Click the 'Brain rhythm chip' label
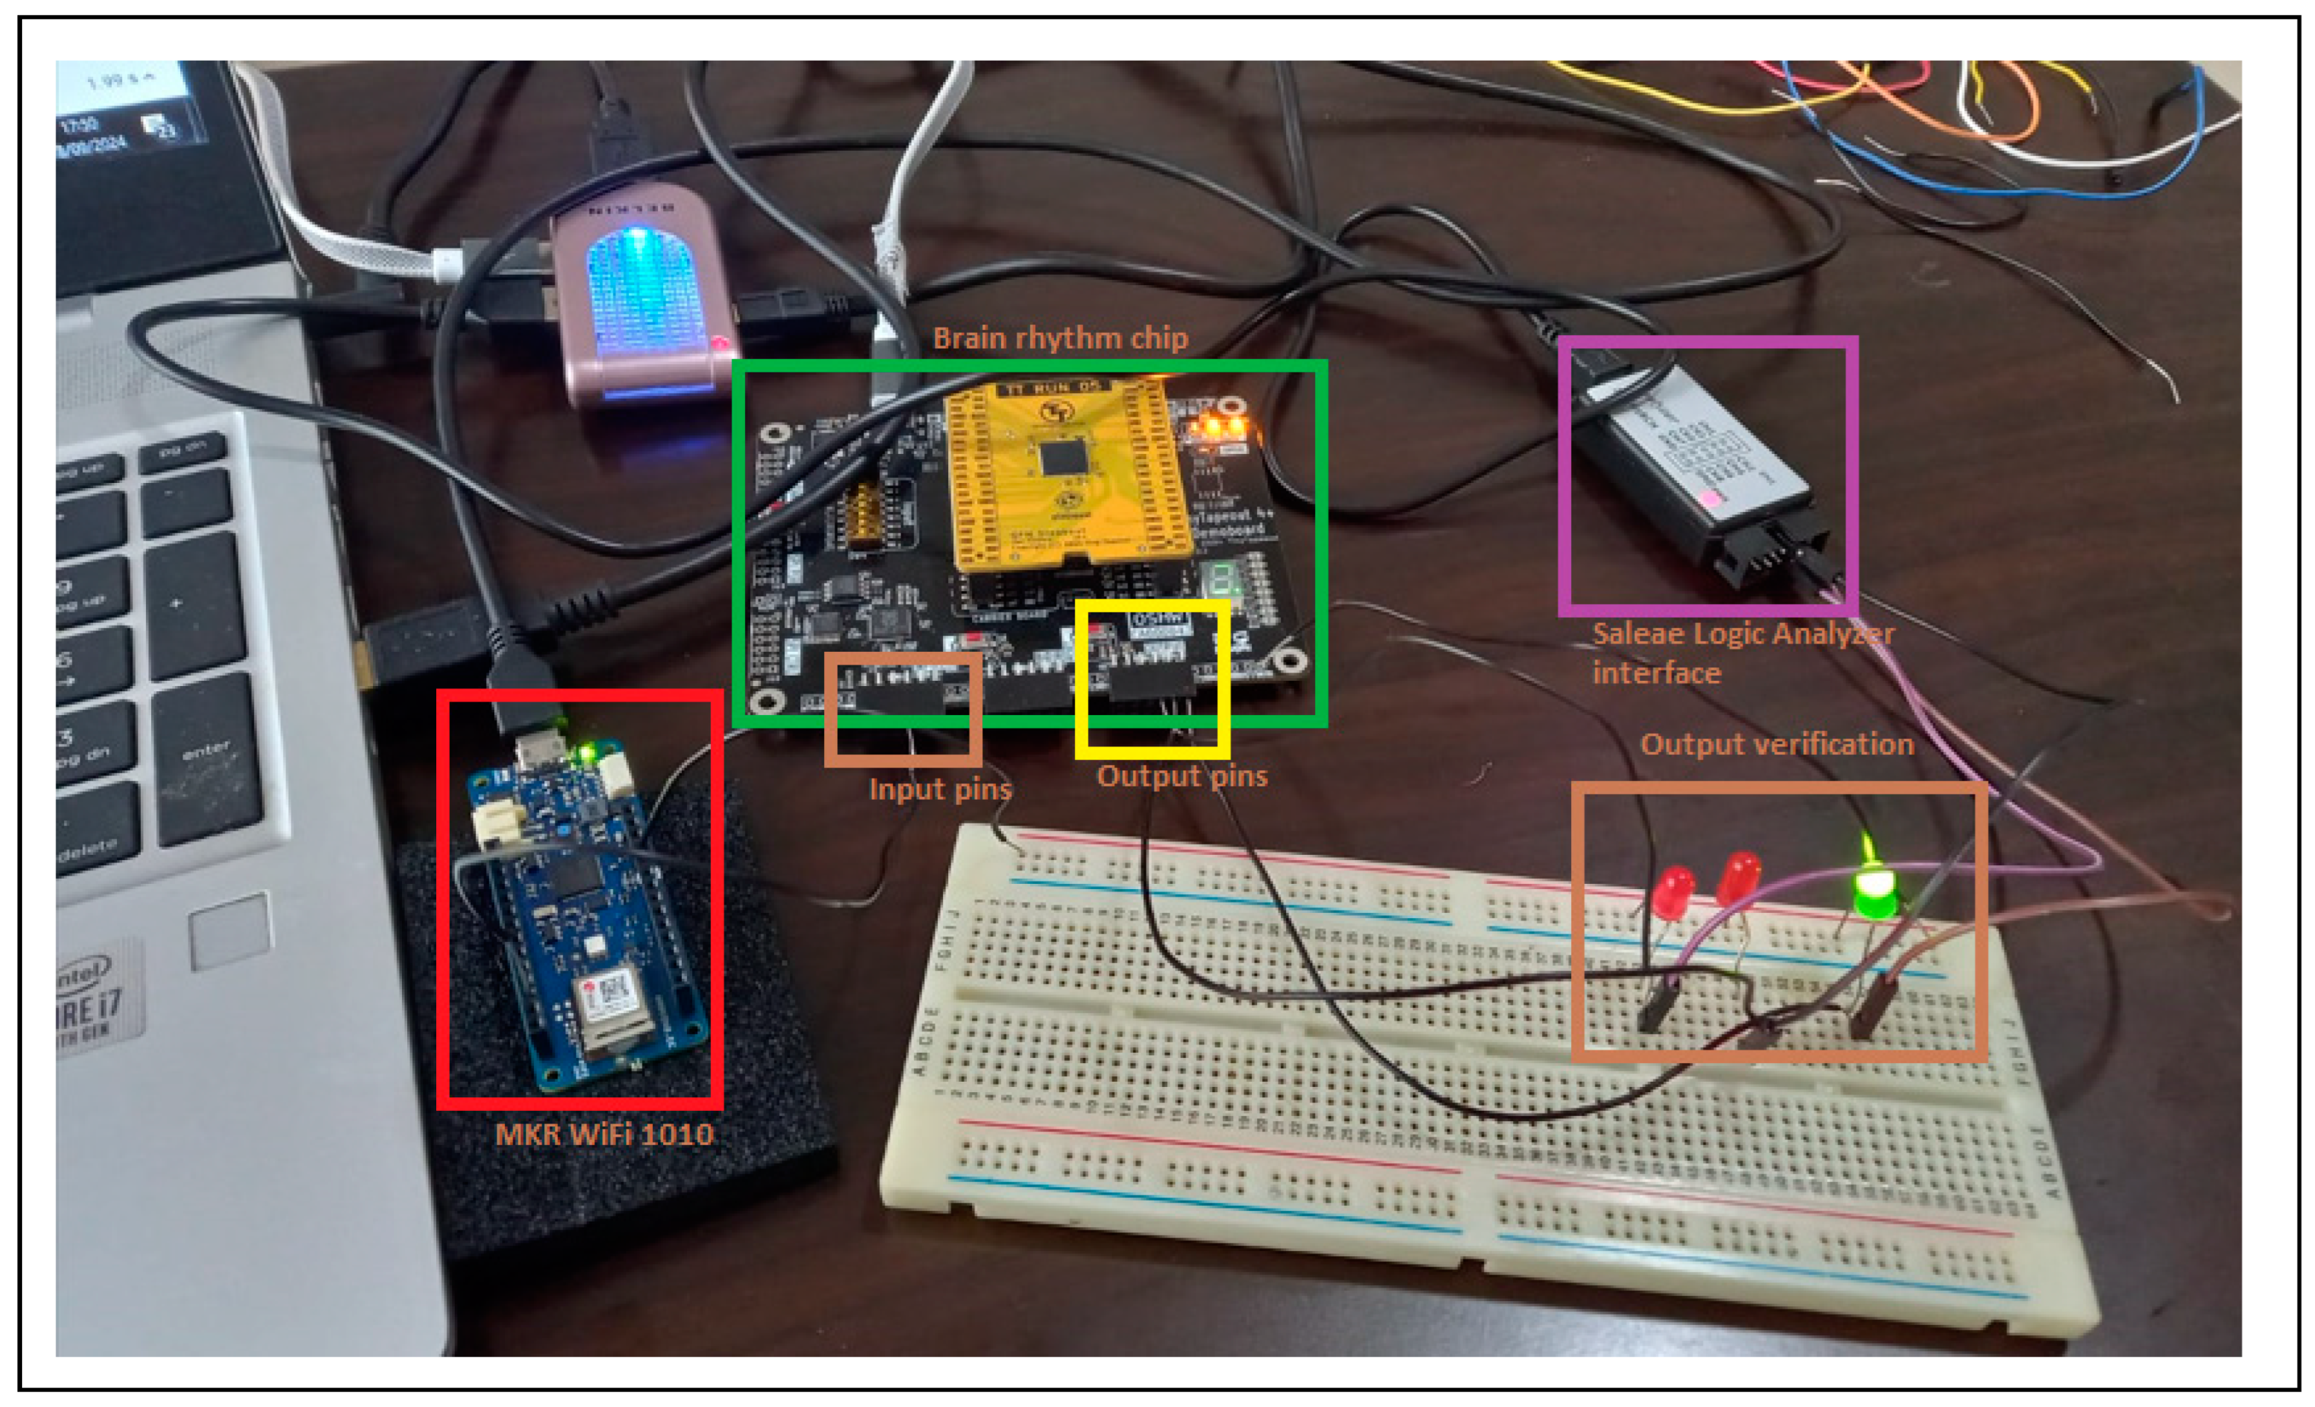[x=1060, y=338]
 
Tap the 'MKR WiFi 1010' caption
[x=604, y=1133]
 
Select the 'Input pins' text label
[x=940, y=789]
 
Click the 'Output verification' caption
[x=1777, y=744]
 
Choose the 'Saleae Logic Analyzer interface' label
[x=1743, y=652]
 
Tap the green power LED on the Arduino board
[x=588, y=752]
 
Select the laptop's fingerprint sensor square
[x=229, y=930]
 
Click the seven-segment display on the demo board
[x=1218, y=580]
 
